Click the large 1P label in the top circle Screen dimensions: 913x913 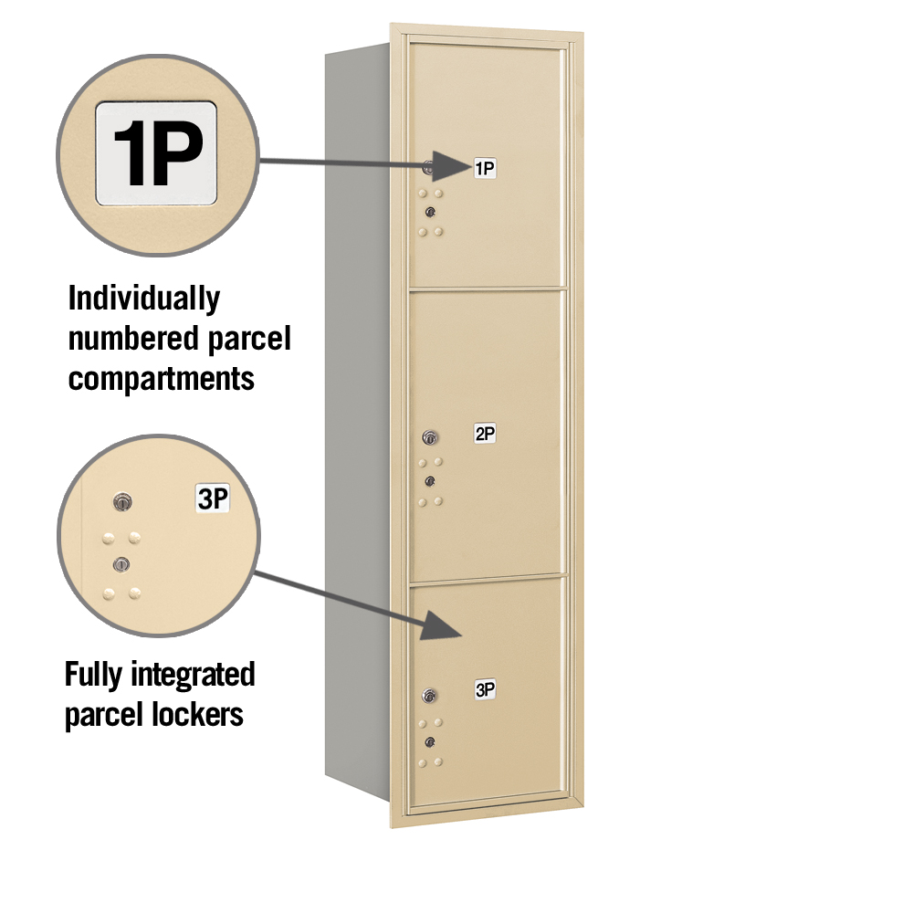[x=156, y=153]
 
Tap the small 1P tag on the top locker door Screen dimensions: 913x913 [x=485, y=168]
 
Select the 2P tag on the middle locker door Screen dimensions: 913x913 [x=485, y=433]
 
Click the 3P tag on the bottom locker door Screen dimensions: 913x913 [x=485, y=689]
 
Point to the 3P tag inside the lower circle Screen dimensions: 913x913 [x=213, y=498]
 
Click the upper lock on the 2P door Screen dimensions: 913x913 [x=430, y=436]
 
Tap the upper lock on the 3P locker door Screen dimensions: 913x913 [x=430, y=695]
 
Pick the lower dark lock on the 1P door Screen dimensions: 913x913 [x=430, y=212]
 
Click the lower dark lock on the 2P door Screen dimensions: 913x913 [x=430, y=481]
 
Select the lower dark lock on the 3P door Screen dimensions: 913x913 [x=430, y=741]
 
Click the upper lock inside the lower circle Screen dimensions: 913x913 [x=122, y=502]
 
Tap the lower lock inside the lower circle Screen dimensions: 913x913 [x=121, y=563]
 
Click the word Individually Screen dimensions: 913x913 [x=144, y=299]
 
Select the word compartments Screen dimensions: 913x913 [x=162, y=380]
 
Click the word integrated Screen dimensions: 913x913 [x=194, y=676]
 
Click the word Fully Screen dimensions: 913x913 [x=94, y=676]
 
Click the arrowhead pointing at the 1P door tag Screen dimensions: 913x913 [x=450, y=166]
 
